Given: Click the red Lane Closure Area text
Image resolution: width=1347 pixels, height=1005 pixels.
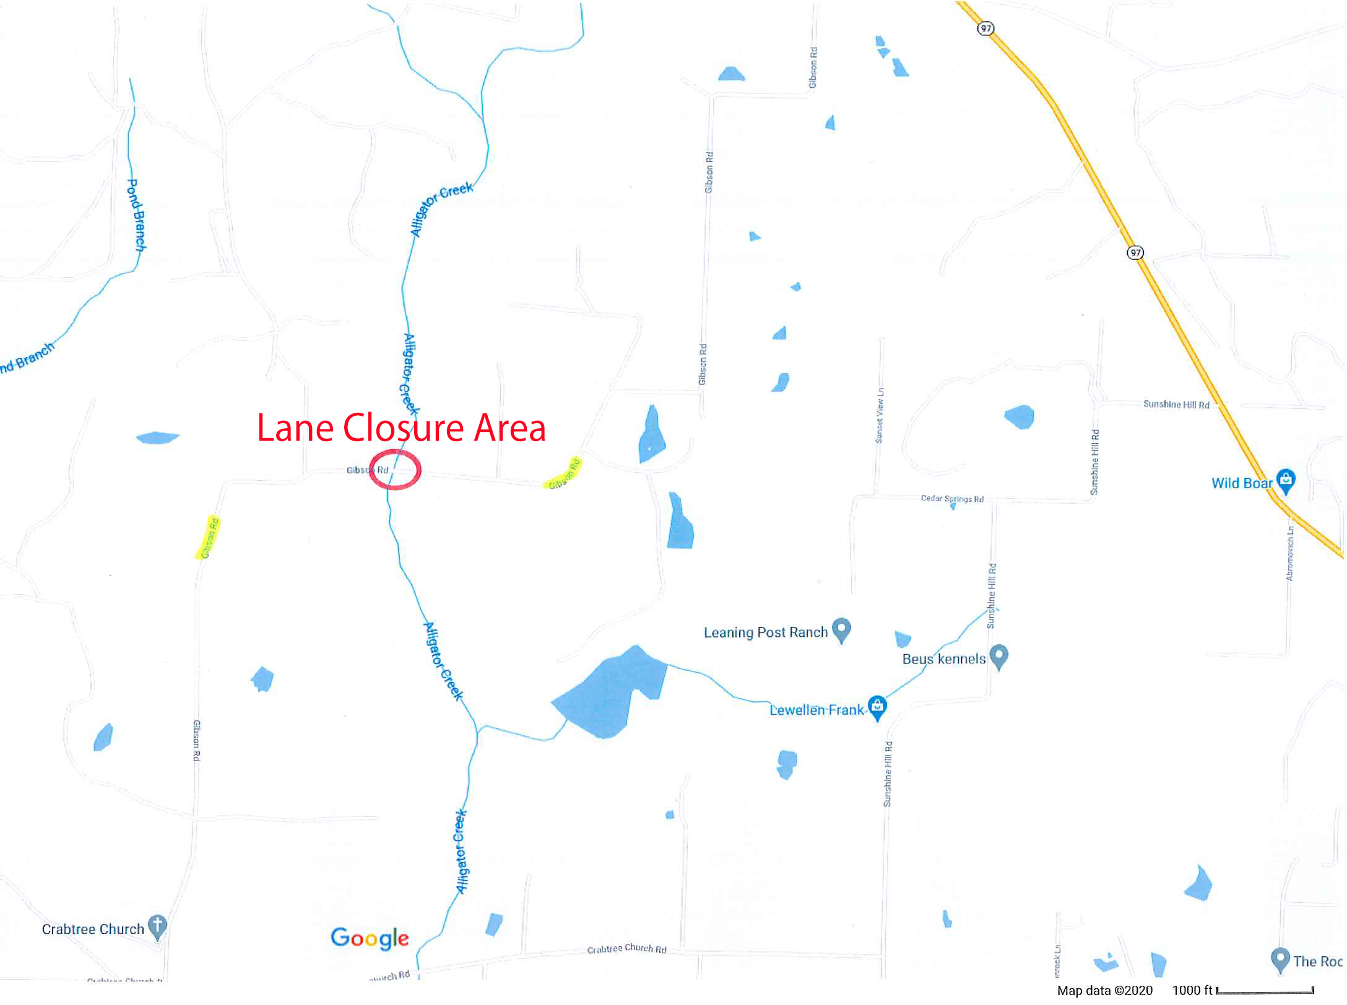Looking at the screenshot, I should coord(401,428).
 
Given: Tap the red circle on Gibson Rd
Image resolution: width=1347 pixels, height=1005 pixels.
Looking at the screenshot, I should coord(395,470).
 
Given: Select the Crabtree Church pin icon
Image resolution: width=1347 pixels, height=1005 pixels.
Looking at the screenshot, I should coord(158,926).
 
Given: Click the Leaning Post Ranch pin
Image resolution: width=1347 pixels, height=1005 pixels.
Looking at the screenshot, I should coord(841,629).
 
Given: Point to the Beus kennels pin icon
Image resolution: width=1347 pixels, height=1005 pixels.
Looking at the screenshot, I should coord(998,655).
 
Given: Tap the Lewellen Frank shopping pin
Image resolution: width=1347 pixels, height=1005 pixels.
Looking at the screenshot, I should coord(877,707).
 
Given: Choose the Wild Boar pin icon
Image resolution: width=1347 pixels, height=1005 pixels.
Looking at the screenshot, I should coord(1286,480).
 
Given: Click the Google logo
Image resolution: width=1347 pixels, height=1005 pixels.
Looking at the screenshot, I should coord(370,938).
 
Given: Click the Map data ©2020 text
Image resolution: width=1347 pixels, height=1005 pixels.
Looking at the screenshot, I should coord(1104,991).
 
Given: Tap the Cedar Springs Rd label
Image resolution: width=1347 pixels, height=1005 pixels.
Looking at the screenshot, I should coord(952,499).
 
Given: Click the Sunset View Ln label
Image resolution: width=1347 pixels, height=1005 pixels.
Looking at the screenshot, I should coord(879,415).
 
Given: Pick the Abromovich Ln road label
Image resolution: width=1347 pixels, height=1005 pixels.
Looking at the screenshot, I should coord(1289,553).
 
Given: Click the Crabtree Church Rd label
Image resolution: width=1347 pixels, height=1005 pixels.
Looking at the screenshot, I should coord(626,949).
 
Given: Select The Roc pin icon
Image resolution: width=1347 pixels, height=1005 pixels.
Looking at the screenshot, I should coord(1279,959).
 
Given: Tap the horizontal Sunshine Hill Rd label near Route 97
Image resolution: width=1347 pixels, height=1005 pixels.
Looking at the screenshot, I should coord(1176,405).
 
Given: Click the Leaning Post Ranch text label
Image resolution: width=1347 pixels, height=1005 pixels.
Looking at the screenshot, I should coord(765,632).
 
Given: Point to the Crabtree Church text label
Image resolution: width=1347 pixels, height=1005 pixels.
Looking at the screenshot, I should coord(93,930).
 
